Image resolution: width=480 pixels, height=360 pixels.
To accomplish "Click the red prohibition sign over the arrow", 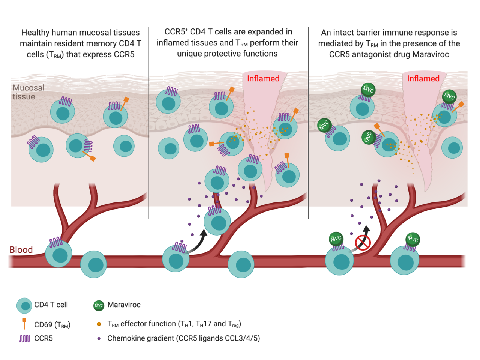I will (363, 242).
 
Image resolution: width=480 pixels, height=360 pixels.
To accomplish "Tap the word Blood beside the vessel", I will (21, 250).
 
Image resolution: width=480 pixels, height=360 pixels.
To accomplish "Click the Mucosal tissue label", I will (28, 92).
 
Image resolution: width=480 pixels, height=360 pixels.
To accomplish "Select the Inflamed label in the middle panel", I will (263, 79).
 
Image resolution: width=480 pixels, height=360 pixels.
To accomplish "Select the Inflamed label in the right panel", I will (423, 79).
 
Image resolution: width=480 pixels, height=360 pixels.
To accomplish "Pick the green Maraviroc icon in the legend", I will (99, 305).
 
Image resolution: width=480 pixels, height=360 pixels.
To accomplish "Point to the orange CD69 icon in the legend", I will (24, 324).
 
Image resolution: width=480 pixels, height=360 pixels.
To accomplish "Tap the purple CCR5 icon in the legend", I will (24, 339).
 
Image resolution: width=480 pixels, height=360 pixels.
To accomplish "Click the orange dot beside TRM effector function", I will (99, 324).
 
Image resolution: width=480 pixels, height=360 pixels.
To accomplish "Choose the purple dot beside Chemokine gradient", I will (99, 338).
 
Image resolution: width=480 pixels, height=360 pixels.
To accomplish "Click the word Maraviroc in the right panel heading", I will (430, 55).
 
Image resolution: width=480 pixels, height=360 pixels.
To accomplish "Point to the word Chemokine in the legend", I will (124, 338).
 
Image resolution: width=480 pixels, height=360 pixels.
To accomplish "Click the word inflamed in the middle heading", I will (172, 43).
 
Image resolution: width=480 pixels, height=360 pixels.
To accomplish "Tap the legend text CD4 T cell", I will (51, 305).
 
